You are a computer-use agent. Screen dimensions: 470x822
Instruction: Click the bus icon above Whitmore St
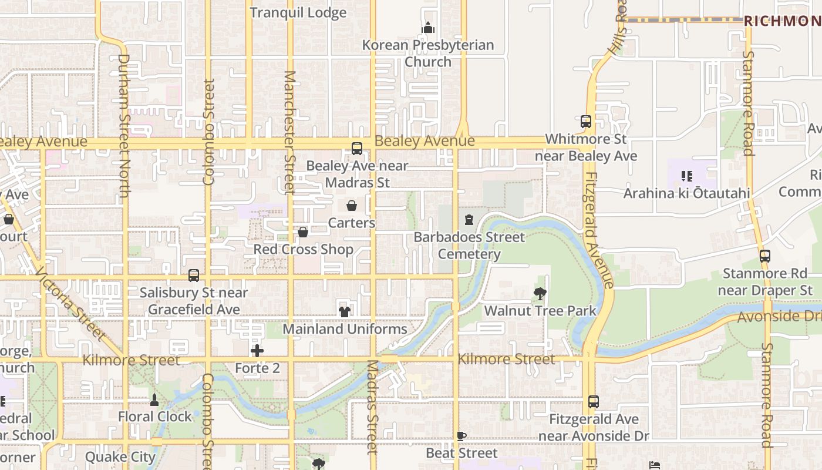(x=585, y=122)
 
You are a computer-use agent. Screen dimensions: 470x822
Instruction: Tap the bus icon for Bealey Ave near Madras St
(x=357, y=149)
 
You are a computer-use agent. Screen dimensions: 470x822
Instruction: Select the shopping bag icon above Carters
(x=352, y=206)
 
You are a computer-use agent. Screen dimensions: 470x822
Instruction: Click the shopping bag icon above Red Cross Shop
(x=303, y=232)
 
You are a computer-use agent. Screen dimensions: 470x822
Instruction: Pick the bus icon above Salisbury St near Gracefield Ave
(x=194, y=276)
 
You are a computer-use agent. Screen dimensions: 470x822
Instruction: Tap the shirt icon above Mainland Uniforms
(x=345, y=311)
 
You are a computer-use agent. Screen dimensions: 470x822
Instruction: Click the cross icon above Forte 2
(x=257, y=351)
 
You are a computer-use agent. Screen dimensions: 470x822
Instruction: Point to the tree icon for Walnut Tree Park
(x=540, y=293)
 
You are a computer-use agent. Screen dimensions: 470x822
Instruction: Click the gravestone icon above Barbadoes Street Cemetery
(x=469, y=220)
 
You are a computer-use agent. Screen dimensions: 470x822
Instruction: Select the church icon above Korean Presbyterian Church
(x=428, y=28)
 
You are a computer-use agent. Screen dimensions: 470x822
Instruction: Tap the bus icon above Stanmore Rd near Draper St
(x=764, y=256)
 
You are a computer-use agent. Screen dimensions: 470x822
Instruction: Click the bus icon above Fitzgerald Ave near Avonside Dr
(x=594, y=402)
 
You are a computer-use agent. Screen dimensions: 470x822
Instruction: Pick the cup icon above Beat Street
(x=461, y=436)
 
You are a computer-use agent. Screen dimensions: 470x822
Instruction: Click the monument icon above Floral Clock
(x=154, y=400)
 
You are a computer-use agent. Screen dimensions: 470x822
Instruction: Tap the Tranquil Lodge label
(x=298, y=12)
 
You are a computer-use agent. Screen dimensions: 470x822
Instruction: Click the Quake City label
(x=120, y=456)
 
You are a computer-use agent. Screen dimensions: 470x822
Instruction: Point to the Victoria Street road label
(x=70, y=304)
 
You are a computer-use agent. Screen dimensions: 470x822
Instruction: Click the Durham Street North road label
(x=124, y=125)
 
